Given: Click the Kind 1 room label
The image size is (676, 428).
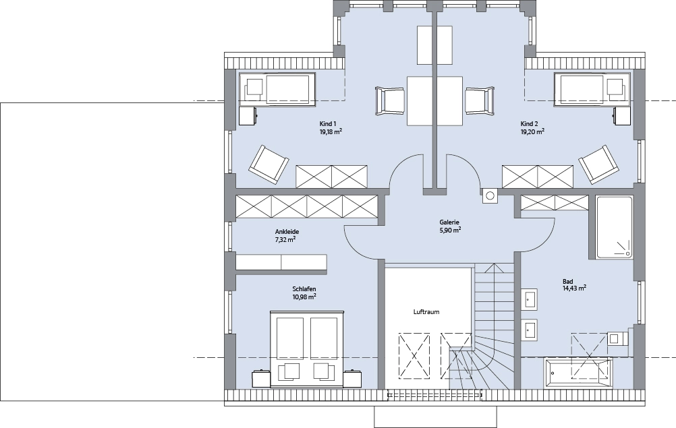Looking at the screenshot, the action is pos(328,124).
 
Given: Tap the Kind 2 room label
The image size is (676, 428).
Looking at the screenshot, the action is pos(529,124).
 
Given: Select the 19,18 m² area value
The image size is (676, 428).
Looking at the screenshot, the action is pos(331,131).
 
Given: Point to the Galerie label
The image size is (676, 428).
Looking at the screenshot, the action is pos(449,222).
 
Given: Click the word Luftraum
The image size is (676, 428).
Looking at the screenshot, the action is pos(426,312).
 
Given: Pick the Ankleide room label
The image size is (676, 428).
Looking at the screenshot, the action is pos(287,232).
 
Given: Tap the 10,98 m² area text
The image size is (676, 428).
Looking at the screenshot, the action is pos(304,297).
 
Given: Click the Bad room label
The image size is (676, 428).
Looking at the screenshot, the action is pos(568,282).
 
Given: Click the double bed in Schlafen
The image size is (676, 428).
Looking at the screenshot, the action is pos(307,348).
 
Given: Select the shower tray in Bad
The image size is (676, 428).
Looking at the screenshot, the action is pos(615,227).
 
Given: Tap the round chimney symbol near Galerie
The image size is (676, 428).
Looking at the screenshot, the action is pos(490,195).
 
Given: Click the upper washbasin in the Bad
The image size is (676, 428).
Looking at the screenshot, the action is pos(530,299).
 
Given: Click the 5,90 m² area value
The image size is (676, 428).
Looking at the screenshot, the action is pos(449,230).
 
